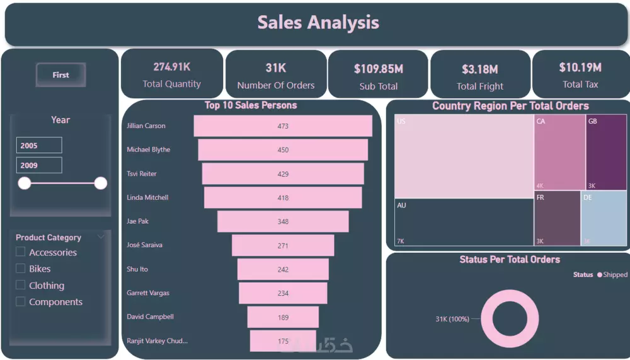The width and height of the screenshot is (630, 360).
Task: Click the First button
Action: pyautogui.click(x=60, y=75)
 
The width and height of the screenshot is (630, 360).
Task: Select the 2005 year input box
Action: pyautogui.click(x=39, y=146)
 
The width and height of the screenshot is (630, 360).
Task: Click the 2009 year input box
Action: pyautogui.click(x=39, y=166)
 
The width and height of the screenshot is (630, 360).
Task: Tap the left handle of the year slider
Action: pyautogui.click(x=25, y=183)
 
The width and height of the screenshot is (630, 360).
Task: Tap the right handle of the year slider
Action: pyautogui.click(x=100, y=183)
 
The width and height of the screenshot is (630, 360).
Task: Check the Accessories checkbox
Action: pyautogui.click(x=21, y=252)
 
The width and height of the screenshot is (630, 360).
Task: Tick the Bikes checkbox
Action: pyautogui.click(x=21, y=269)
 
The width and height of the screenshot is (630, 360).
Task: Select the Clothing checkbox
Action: pyautogui.click(x=21, y=285)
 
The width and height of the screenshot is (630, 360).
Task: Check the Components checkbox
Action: pyautogui.click(x=21, y=302)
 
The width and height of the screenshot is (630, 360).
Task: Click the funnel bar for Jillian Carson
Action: pyautogui.click(x=283, y=126)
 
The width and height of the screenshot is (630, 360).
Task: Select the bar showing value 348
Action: pyautogui.click(x=283, y=221)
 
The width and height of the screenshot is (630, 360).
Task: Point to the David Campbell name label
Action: pyautogui.click(x=150, y=317)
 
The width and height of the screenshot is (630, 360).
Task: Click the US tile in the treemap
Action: pyautogui.click(x=464, y=157)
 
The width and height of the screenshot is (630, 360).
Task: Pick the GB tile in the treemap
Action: pyautogui.click(x=606, y=152)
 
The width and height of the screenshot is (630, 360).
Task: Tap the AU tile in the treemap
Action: pyautogui.click(x=464, y=223)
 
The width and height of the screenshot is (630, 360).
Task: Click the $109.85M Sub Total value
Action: pyautogui.click(x=378, y=69)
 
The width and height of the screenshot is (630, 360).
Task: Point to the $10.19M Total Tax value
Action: pyautogui.click(x=580, y=67)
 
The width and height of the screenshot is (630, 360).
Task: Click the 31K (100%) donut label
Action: pyautogui.click(x=452, y=319)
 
